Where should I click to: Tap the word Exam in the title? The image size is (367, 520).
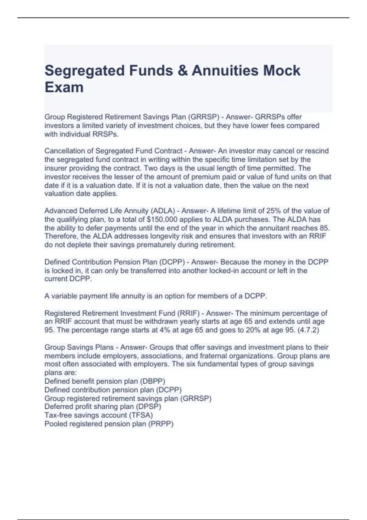click(64, 87)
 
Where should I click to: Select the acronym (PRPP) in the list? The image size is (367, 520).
click(161, 424)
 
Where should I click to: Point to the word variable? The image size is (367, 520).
click(63, 296)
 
